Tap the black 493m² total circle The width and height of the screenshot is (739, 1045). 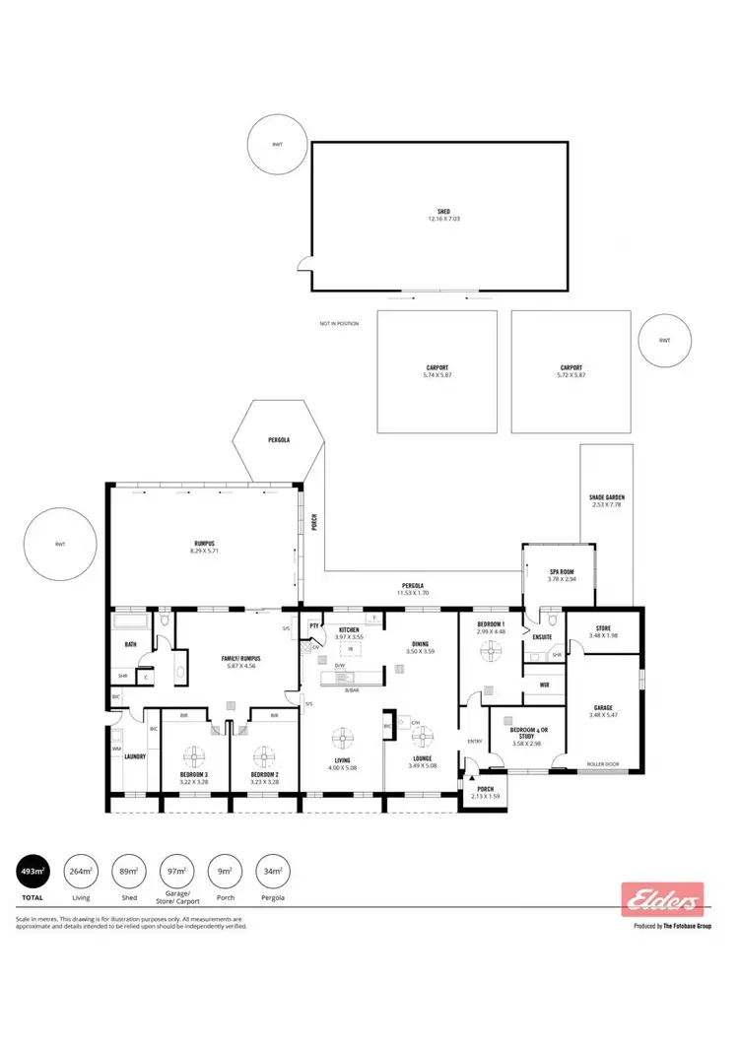tap(33, 871)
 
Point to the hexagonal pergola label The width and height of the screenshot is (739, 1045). tap(279, 439)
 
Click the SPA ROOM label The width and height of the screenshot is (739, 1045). tap(561, 571)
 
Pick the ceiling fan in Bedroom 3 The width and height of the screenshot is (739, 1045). tap(194, 755)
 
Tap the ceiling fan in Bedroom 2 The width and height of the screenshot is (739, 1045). tap(264, 755)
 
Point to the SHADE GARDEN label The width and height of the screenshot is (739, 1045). tap(608, 497)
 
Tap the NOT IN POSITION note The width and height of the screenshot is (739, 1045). tap(339, 323)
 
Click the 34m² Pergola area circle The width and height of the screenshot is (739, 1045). tap(273, 871)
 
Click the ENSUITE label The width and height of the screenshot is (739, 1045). tap(542, 637)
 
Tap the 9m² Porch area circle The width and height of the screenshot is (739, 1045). tap(225, 871)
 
